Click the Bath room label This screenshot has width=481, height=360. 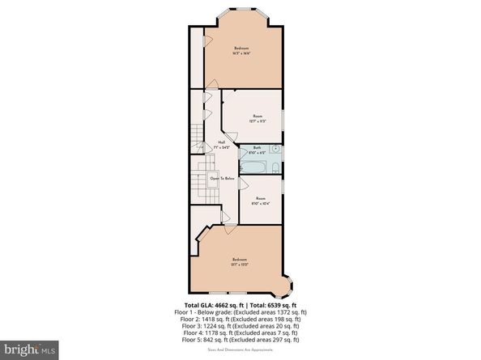pos(257,147)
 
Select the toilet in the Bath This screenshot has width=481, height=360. pos(276,168)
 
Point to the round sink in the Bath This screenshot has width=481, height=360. pos(276,150)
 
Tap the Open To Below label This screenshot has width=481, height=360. pos(222,178)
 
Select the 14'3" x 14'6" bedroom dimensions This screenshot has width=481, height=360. pos(240,54)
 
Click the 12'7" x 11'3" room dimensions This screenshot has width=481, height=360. pos(258,121)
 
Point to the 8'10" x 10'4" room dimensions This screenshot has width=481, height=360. pos(261,203)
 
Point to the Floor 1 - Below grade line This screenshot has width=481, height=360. pos(240,311)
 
